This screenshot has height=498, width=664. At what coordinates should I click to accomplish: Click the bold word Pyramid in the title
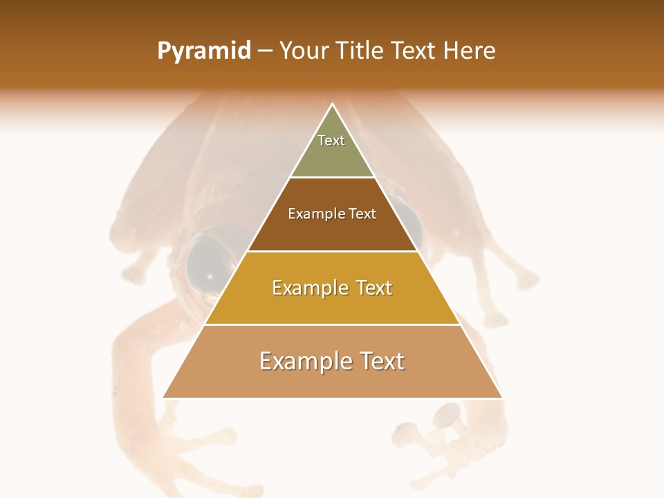click(203, 51)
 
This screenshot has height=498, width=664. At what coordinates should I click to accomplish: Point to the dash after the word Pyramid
click(265, 51)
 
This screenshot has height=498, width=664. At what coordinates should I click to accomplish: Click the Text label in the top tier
click(331, 140)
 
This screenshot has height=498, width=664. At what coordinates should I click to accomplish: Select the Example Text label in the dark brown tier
click(332, 214)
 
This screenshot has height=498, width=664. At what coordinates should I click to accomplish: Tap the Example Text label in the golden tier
click(332, 288)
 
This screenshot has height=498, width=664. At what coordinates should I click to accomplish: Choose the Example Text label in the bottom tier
click(332, 361)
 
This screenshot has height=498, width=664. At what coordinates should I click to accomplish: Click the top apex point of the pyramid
click(333, 104)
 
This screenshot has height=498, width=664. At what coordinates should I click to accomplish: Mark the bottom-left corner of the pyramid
click(164, 398)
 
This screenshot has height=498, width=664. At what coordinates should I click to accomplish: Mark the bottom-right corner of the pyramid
click(501, 398)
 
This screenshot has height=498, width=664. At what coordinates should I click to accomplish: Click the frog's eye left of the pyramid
click(206, 266)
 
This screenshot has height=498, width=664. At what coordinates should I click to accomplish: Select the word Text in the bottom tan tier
click(381, 361)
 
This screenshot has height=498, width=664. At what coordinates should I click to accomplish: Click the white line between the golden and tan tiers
click(332, 324)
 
